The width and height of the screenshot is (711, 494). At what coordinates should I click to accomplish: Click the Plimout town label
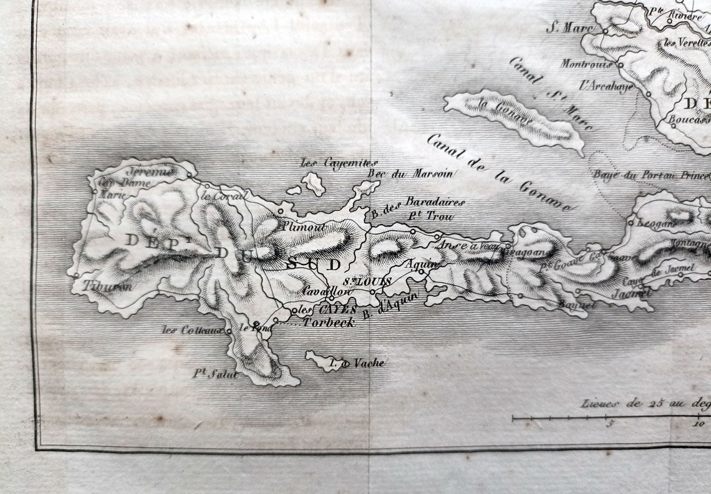[x=302, y=227]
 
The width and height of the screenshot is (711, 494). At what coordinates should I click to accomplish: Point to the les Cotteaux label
[x=193, y=330]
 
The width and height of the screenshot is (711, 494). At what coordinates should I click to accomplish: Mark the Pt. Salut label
[x=215, y=374]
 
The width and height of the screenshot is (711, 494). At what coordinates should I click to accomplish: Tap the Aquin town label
[x=418, y=264]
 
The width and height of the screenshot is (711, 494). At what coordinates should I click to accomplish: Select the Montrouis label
[x=586, y=64]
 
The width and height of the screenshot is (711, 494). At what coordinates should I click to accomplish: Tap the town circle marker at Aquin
[x=421, y=271]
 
